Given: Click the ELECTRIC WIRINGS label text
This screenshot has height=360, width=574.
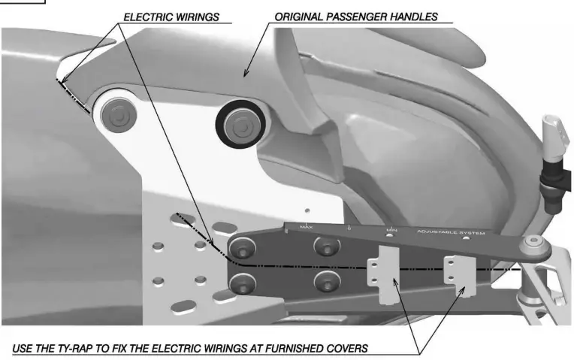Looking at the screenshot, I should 171,16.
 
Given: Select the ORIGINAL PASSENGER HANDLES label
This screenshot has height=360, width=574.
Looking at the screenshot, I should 355,16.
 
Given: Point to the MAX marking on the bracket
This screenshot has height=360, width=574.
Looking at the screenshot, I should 306,226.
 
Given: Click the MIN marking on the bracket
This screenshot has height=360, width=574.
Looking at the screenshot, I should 391,230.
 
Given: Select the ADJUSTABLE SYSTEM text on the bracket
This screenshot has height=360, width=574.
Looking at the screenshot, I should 451,233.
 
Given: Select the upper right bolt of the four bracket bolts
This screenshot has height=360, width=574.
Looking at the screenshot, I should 326,247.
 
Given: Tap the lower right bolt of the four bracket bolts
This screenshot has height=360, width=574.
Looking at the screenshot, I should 326,283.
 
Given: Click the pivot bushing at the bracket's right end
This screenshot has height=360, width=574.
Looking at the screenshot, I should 534,245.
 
